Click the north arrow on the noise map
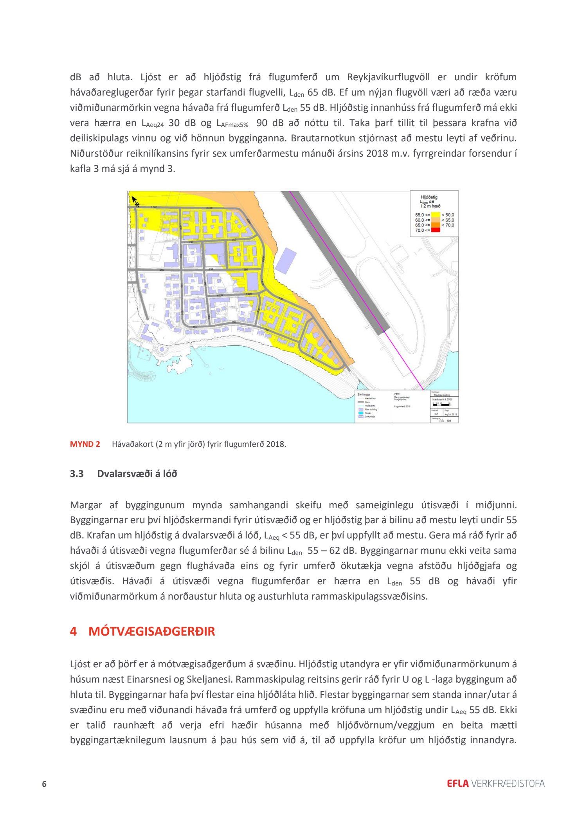[135, 201]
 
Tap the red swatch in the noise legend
[435, 230]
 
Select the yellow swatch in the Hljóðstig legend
[435, 215]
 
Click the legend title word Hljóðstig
[429, 197]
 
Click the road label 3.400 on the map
[209, 208]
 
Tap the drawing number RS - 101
[445, 421]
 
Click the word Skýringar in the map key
[364, 394]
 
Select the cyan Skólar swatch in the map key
[361, 413]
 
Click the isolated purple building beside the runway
[286, 260]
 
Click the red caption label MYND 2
[85, 444]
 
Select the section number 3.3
[77, 474]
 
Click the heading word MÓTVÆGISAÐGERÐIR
[151, 632]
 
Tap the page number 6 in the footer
[44, 784]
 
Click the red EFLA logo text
[457, 784]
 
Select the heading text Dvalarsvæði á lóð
[137, 474]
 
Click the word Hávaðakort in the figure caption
[132, 444]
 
